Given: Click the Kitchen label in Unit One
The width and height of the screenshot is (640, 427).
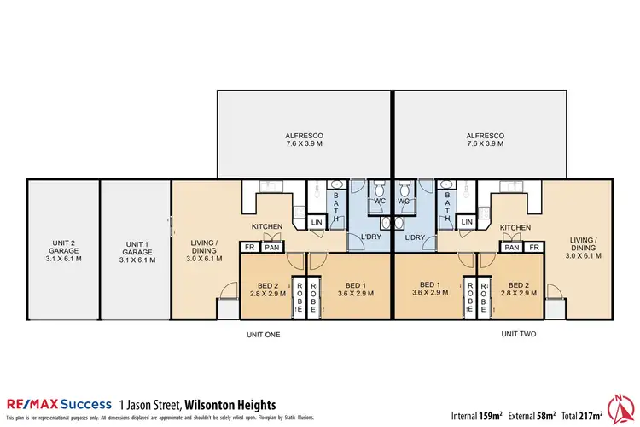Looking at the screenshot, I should (266, 228).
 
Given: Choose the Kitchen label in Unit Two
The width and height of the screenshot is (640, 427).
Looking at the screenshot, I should (515, 228).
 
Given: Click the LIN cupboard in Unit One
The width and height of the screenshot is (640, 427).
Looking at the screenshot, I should (316, 222).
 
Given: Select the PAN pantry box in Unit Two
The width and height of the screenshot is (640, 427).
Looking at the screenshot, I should (511, 248).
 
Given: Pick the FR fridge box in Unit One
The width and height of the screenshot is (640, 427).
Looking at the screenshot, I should (250, 248).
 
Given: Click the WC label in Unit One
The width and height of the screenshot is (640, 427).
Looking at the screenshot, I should (379, 202).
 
